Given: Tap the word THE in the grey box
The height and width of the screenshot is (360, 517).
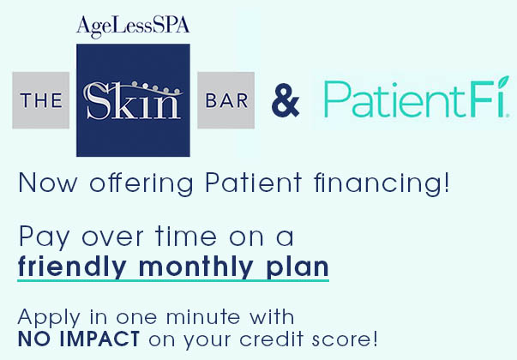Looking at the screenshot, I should pos(42,101).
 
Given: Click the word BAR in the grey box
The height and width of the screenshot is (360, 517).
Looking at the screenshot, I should pos(225,101).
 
